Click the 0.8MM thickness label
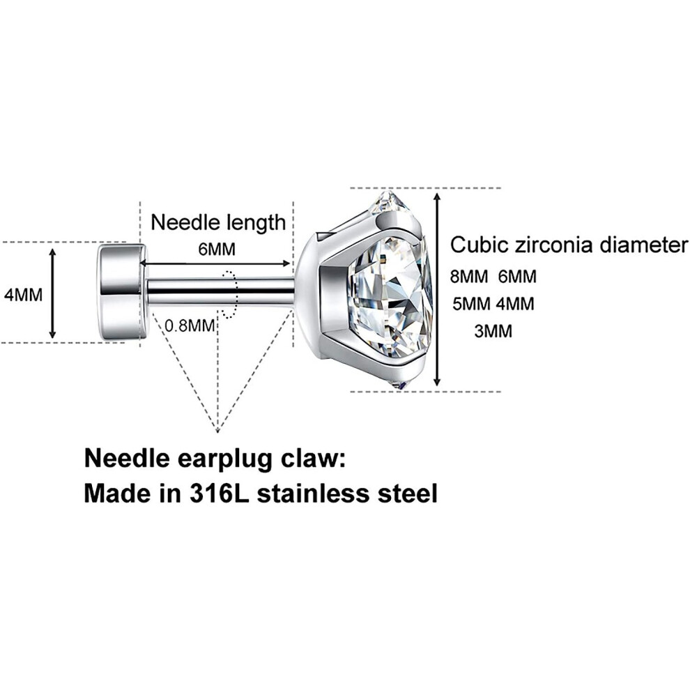coord(190,326)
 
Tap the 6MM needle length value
coord(217,250)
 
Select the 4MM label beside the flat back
coord(23,295)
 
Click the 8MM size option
coord(469,277)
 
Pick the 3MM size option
coord(493,331)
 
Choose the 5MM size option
coord(471,304)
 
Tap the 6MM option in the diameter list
coord(517,277)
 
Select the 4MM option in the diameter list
coord(515,304)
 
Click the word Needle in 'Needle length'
coord(181,222)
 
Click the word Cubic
coord(479,245)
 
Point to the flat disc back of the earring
coord(123,292)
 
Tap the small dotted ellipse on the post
coord(230,294)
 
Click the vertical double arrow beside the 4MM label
coord(53,293)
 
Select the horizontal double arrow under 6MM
coord(215,263)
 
